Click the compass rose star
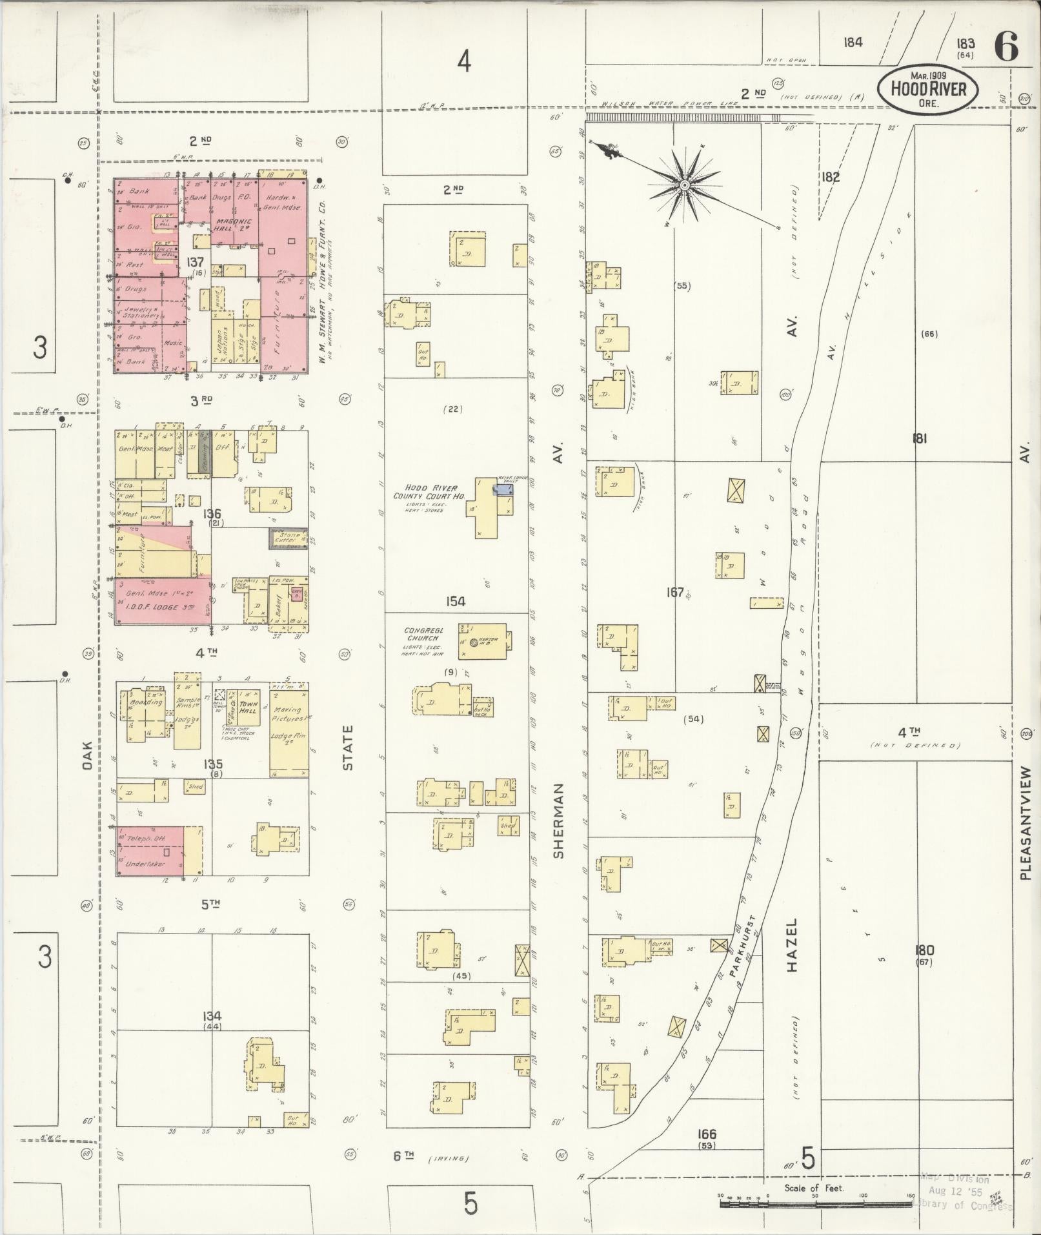tap(685, 186)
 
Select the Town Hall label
tap(248, 707)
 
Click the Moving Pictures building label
tap(288, 714)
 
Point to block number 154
tap(455, 601)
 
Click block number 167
tap(674, 591)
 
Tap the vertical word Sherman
tap(558, 821)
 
